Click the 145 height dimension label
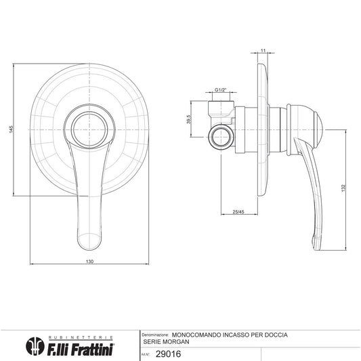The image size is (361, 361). point(12,129)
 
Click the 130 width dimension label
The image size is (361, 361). point(89,261)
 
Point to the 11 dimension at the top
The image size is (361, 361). point(263,50)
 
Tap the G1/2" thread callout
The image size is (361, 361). point(221,90)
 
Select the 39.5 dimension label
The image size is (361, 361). point(189,119)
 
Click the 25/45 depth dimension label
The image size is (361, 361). point(238,212)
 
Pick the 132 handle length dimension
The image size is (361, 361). point(344,188)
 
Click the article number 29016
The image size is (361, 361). point(168,354)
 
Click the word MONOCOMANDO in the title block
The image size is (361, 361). point(196,335)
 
